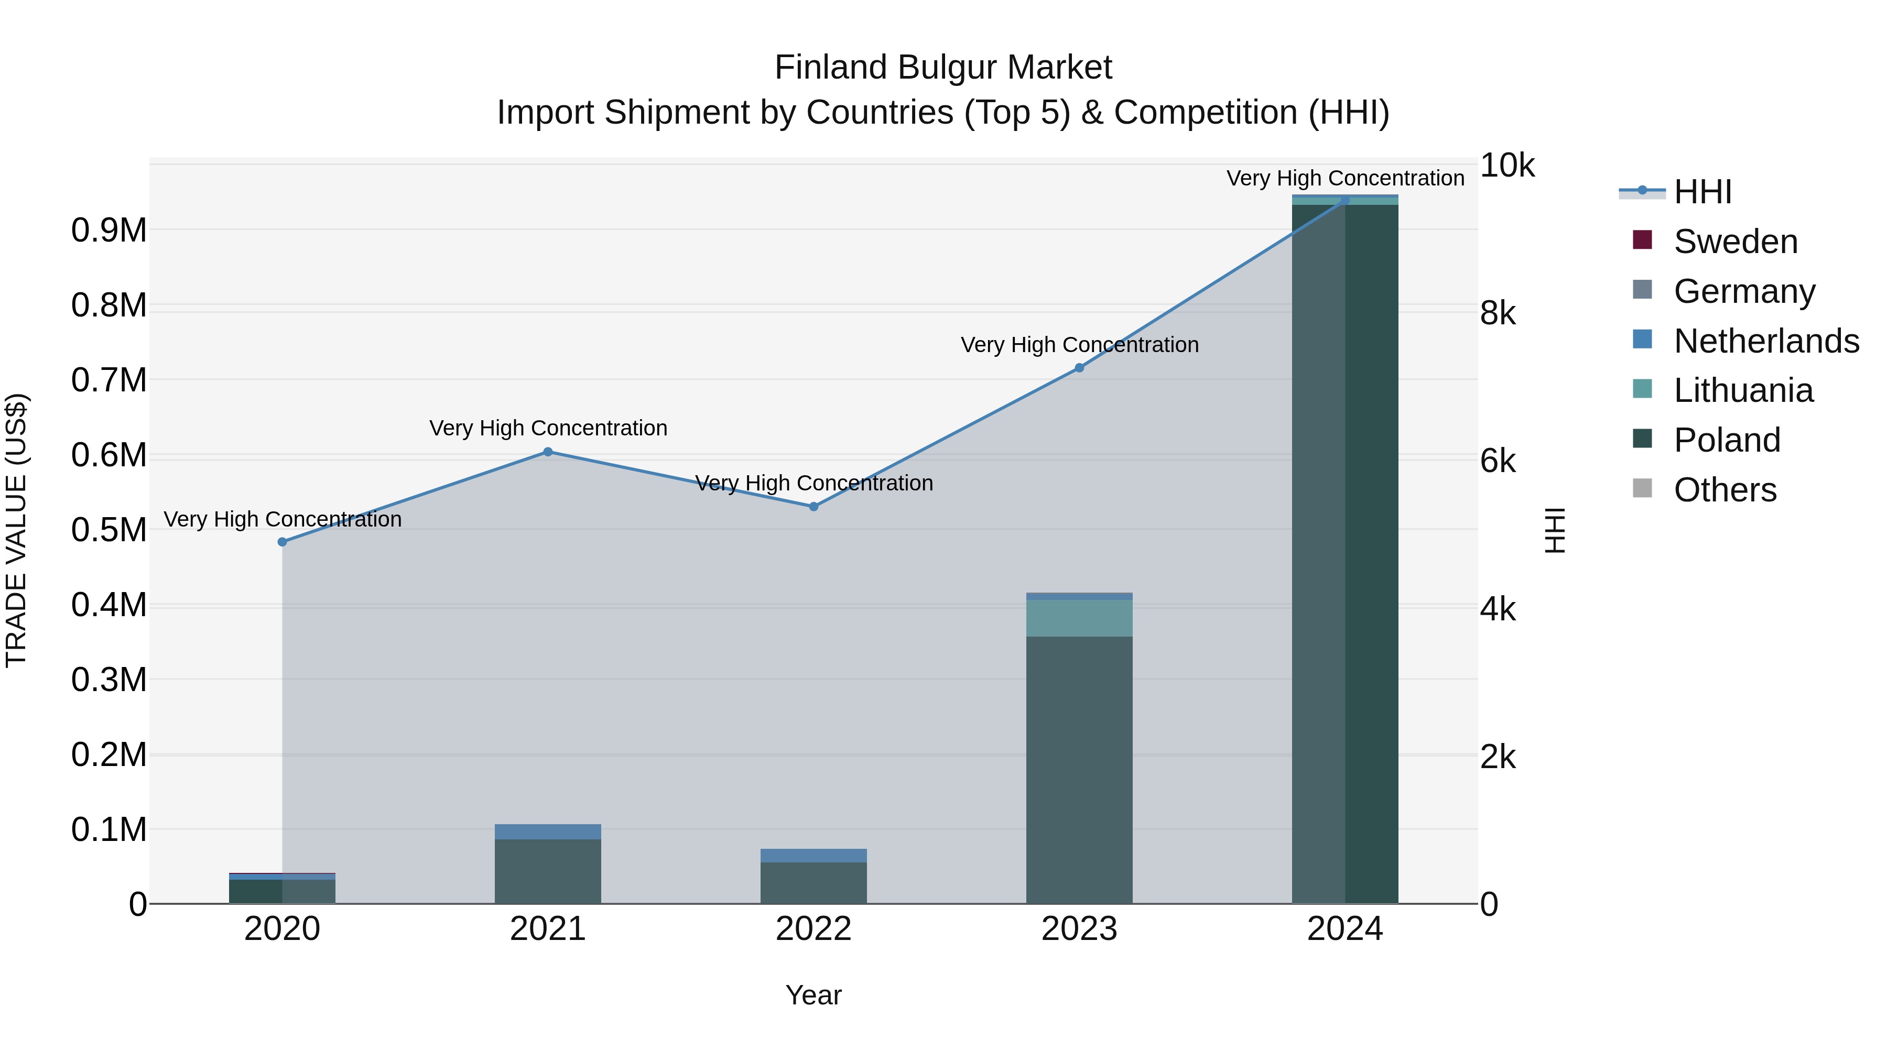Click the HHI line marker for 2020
coord(282,542)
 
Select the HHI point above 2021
coord(548,452)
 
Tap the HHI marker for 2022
coord(813,507)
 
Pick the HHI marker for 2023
coord(1079,368)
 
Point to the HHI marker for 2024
coord(1345,201)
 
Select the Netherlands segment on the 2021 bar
coord(548,832)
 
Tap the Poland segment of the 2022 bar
coord(813,882)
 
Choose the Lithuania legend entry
coord(1743,390)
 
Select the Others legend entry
coord(1725,490)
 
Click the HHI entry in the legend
coord(1702,192)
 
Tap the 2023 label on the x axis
coord(1079,929)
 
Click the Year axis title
coord(813,995)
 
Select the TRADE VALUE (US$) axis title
coord(16,530)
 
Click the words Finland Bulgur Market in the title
coord(943,68)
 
